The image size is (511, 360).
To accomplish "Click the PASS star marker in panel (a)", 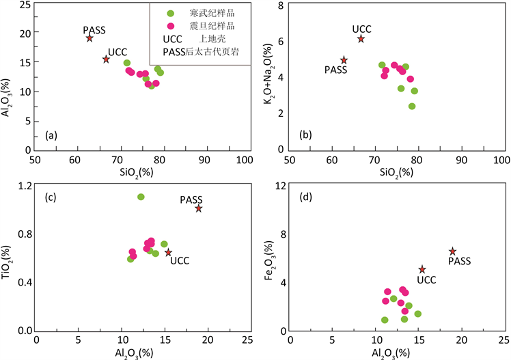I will (89, 38).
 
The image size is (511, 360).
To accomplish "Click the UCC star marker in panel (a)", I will (106, 59).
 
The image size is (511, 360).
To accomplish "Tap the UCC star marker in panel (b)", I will (361, 39).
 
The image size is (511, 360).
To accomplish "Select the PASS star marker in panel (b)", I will (344, 60).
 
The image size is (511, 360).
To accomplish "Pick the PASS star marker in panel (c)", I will (199, 208).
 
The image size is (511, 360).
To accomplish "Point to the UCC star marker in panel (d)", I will (422, 270).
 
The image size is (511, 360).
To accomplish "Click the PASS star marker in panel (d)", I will (452, 251).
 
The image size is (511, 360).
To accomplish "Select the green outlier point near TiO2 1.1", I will (141, 197).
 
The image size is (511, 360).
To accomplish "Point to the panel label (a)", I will (51, 136).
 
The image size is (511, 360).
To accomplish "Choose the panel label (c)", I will (51, 199).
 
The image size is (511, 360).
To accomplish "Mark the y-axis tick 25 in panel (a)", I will (25, 5).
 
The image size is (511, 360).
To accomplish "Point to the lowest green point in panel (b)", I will (412, 106).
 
